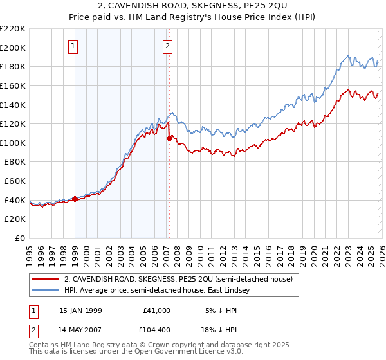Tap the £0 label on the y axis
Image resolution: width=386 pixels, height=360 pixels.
pos(19,239)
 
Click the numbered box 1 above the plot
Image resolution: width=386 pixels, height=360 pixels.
pos(73,46)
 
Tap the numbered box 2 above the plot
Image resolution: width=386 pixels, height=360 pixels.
pos(167,46)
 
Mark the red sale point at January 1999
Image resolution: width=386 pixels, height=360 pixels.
pos(75,199)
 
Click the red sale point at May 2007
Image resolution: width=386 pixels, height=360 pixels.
pos(169,138)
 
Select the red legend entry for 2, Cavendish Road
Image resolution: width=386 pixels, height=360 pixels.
pos(178,279)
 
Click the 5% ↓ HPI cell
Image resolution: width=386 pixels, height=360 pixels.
pos(217,310)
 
